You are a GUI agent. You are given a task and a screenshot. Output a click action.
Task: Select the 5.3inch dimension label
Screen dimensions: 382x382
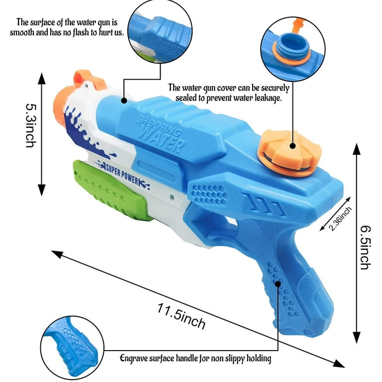[31, 125]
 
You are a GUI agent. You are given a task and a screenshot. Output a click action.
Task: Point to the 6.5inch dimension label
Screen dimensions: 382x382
[366, 248]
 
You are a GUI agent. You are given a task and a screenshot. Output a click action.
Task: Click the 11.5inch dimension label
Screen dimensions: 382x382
[181, 316]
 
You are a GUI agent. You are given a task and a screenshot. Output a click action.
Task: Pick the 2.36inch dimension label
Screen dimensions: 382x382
[340, 218]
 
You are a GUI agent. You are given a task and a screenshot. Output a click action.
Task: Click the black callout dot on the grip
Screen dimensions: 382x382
[278, 284]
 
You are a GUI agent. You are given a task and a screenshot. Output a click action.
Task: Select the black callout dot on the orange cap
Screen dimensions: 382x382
[292, 146]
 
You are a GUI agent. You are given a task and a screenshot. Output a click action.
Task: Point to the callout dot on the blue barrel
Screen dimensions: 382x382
[124, 100]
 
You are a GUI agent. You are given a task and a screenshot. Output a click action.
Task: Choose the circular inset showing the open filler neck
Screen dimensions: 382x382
[292, 49]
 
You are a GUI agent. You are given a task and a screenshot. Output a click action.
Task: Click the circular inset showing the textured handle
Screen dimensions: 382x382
[72, 348]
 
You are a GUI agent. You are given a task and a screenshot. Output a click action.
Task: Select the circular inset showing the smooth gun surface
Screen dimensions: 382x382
[160, 31]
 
